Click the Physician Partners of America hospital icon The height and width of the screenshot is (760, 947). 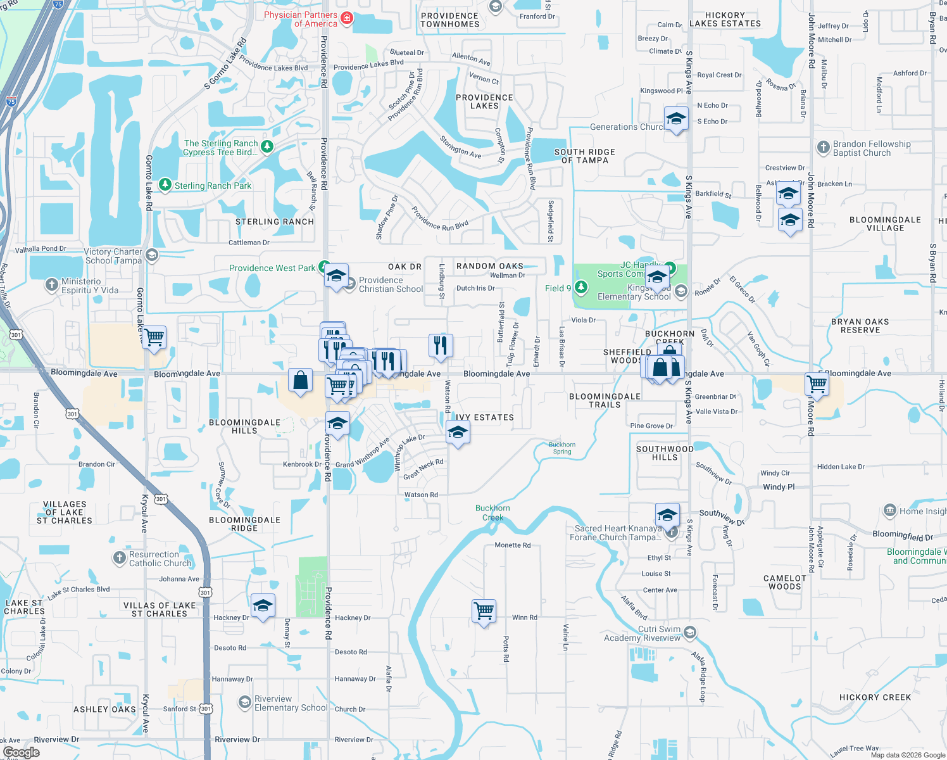[347, 18]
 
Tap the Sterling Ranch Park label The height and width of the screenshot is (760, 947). [213, 186]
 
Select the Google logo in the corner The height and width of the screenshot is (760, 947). [22, 752]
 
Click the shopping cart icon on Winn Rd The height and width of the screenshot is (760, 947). [484, 611]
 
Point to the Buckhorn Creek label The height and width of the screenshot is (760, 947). [492, 513]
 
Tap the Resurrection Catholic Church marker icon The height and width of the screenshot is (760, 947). [120, 558]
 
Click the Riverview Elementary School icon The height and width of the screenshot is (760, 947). [244, 702]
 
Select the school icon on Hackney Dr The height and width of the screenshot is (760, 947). [263, 606]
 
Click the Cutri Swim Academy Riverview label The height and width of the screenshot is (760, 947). [642, 633]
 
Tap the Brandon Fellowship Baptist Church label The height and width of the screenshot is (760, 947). [871, 148]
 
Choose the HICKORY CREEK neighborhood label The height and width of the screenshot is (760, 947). [875, 697]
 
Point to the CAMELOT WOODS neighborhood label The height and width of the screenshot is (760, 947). [785, 582]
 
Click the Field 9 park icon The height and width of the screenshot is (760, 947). [581, 288]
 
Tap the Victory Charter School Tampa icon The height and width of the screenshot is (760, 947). [151, 255]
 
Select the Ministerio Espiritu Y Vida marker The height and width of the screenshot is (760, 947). [53, 285]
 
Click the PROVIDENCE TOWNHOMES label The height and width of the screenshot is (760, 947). [449, 20]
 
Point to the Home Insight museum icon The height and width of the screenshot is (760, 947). [889, 510]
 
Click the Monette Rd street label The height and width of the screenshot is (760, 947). [512, 545]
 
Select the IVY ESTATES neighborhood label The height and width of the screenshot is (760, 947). [485, 417]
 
